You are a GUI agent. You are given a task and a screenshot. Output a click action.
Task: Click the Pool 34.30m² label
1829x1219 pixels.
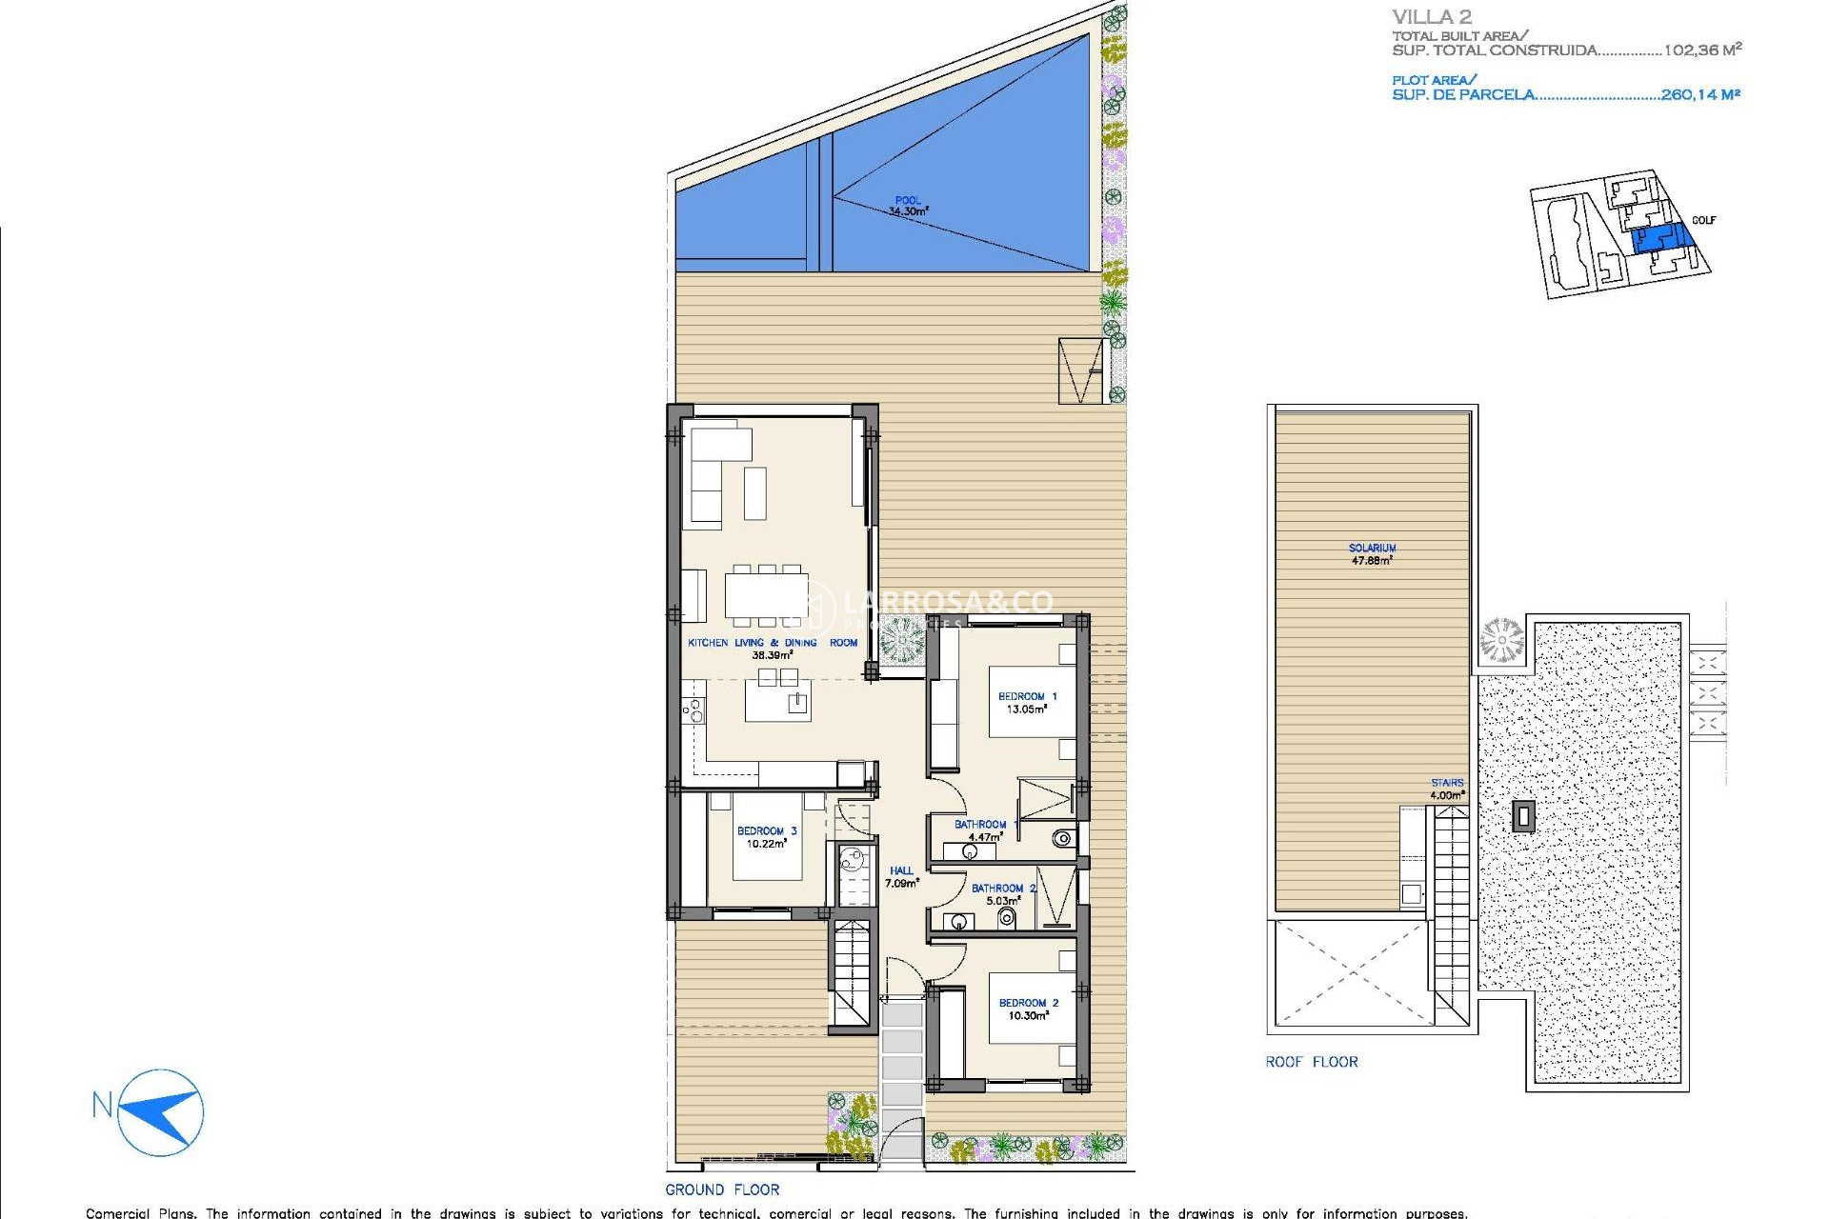908,207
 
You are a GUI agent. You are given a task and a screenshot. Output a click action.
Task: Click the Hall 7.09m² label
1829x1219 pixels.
901,876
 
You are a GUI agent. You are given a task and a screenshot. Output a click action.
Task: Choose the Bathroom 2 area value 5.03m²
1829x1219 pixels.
1003,901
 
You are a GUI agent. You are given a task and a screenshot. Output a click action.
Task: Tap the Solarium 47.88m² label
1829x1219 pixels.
1372,554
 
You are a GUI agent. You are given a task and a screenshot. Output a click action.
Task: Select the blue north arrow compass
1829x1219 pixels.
161,1111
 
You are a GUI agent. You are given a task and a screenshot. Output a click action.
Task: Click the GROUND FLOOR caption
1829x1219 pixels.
722,1189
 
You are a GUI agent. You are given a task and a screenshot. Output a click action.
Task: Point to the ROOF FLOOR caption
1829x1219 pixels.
1311,1062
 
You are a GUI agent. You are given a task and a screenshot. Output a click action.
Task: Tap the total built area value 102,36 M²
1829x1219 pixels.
1702,50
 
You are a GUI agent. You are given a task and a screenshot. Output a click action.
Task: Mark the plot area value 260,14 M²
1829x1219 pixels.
1700,94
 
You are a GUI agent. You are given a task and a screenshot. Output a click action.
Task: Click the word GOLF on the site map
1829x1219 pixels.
1703,220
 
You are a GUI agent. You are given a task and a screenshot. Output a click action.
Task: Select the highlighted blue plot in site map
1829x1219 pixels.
1659,238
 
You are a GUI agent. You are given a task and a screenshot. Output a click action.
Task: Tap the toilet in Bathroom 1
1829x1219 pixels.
1062,839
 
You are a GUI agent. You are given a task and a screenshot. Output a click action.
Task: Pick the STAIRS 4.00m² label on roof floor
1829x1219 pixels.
1447,789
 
